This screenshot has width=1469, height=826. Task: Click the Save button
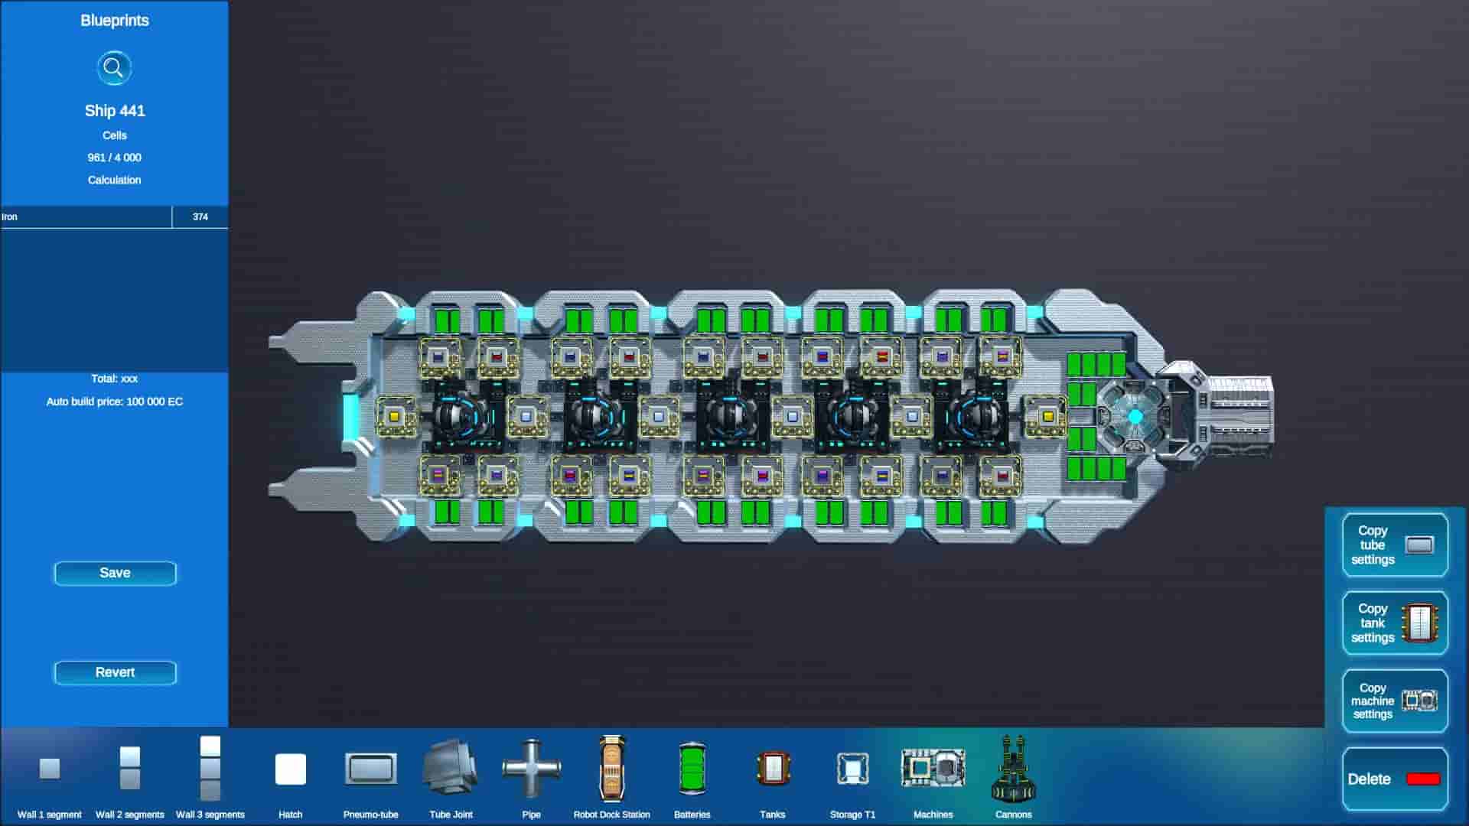115,573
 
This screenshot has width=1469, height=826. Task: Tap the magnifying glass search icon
114,68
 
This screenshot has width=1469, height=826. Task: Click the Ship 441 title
115,111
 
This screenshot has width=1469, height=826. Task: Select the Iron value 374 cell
200,217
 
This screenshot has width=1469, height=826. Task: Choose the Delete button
1395,779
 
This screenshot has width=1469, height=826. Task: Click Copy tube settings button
1395,545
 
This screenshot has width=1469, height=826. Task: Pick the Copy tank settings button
1395,623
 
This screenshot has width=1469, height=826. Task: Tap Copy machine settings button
1395,701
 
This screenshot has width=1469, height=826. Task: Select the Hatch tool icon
291,769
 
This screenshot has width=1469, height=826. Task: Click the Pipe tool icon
531,768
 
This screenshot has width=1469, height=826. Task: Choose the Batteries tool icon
692,768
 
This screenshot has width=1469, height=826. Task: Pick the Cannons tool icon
1013,768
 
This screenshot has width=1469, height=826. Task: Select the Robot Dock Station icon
611,768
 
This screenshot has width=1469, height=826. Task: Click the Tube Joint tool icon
451,768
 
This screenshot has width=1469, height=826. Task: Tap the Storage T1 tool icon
852,768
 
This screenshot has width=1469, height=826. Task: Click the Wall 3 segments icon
210,768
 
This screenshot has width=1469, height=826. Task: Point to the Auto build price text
115,402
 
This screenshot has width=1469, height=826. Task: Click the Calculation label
115,180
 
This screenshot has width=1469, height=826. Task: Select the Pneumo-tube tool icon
371,768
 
